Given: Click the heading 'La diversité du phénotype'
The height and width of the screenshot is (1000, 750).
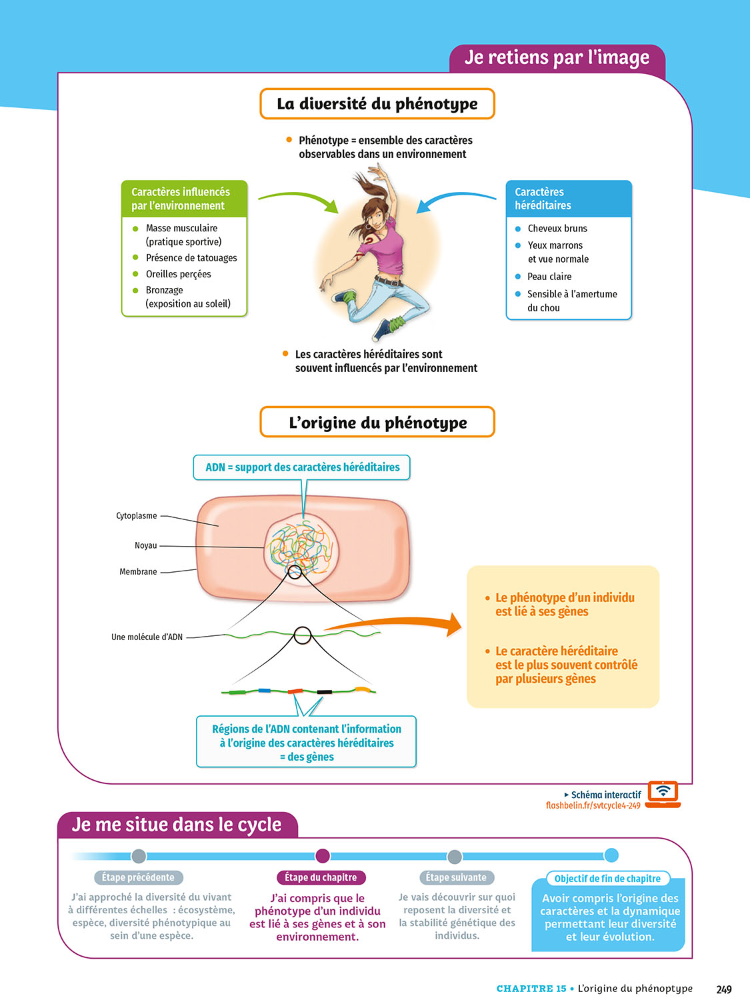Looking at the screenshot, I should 377,104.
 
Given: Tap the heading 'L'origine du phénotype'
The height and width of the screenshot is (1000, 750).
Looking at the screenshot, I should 377,423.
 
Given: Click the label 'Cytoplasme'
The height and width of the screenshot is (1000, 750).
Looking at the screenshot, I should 137,516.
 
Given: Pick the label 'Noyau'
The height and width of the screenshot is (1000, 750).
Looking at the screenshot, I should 146,545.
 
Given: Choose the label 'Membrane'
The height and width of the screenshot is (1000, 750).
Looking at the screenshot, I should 138,572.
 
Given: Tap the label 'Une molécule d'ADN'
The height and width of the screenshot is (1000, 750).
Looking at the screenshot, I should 147,637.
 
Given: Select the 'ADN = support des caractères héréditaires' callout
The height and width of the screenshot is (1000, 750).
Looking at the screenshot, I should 302,467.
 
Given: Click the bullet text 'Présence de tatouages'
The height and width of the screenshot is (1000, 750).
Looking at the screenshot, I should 191,258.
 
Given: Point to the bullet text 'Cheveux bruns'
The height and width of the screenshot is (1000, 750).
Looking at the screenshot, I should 557,229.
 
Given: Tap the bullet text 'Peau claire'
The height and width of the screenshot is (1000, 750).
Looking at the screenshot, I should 549,277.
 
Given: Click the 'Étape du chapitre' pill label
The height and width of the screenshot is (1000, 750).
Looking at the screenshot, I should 321,877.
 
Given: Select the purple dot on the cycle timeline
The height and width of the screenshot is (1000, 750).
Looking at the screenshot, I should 323,856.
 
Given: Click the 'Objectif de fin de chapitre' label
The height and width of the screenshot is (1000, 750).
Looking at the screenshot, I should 607,879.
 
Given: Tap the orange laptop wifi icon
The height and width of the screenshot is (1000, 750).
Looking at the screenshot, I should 663,793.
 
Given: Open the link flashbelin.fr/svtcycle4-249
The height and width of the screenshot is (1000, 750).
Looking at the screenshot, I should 593,806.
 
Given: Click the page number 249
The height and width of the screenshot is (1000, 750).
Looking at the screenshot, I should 724,989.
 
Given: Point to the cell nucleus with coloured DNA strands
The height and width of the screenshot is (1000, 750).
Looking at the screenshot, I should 301,549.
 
